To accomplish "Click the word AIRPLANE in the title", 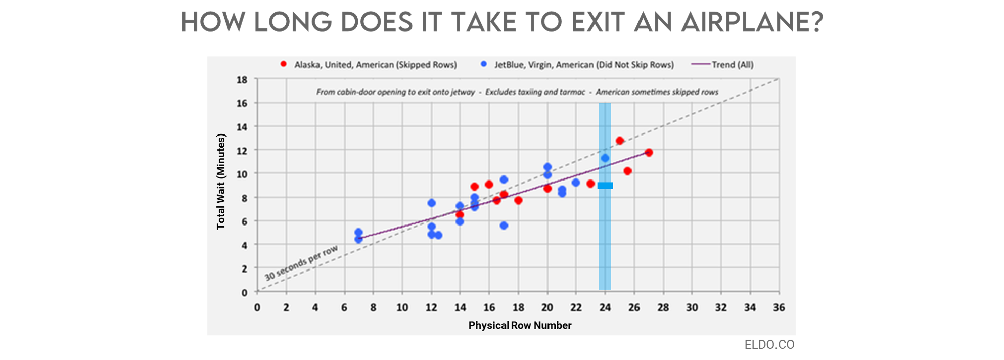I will click(x=752, y=23).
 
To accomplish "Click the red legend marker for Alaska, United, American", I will click(x=284, y=64).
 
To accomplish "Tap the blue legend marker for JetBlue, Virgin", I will click(x=484, y=64).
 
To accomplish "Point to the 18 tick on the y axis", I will click(x=242, y=80).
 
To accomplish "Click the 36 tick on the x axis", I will click(x=779, y=307).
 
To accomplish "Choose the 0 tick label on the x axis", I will click(x=257, y=307).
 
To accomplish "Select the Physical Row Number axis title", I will click(x=520, y=325).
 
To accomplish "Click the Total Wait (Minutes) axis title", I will click(x=221, y=182).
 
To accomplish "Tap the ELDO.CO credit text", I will click(x=769, y=345).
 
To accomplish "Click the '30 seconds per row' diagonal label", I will click(x=301, y=263).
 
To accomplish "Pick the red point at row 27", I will click(x=649, y=152).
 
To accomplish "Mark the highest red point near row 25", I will click(x=620, y=141).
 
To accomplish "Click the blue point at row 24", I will click(x=605, y=158).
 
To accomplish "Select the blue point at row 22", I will click(x=576, y=183).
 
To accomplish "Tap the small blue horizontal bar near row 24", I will click(x=605, y=186).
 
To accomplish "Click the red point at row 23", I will click(x=590, y=184).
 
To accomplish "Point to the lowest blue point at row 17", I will click(x=504, y=226).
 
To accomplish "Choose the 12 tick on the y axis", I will click(x=242, y=151).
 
